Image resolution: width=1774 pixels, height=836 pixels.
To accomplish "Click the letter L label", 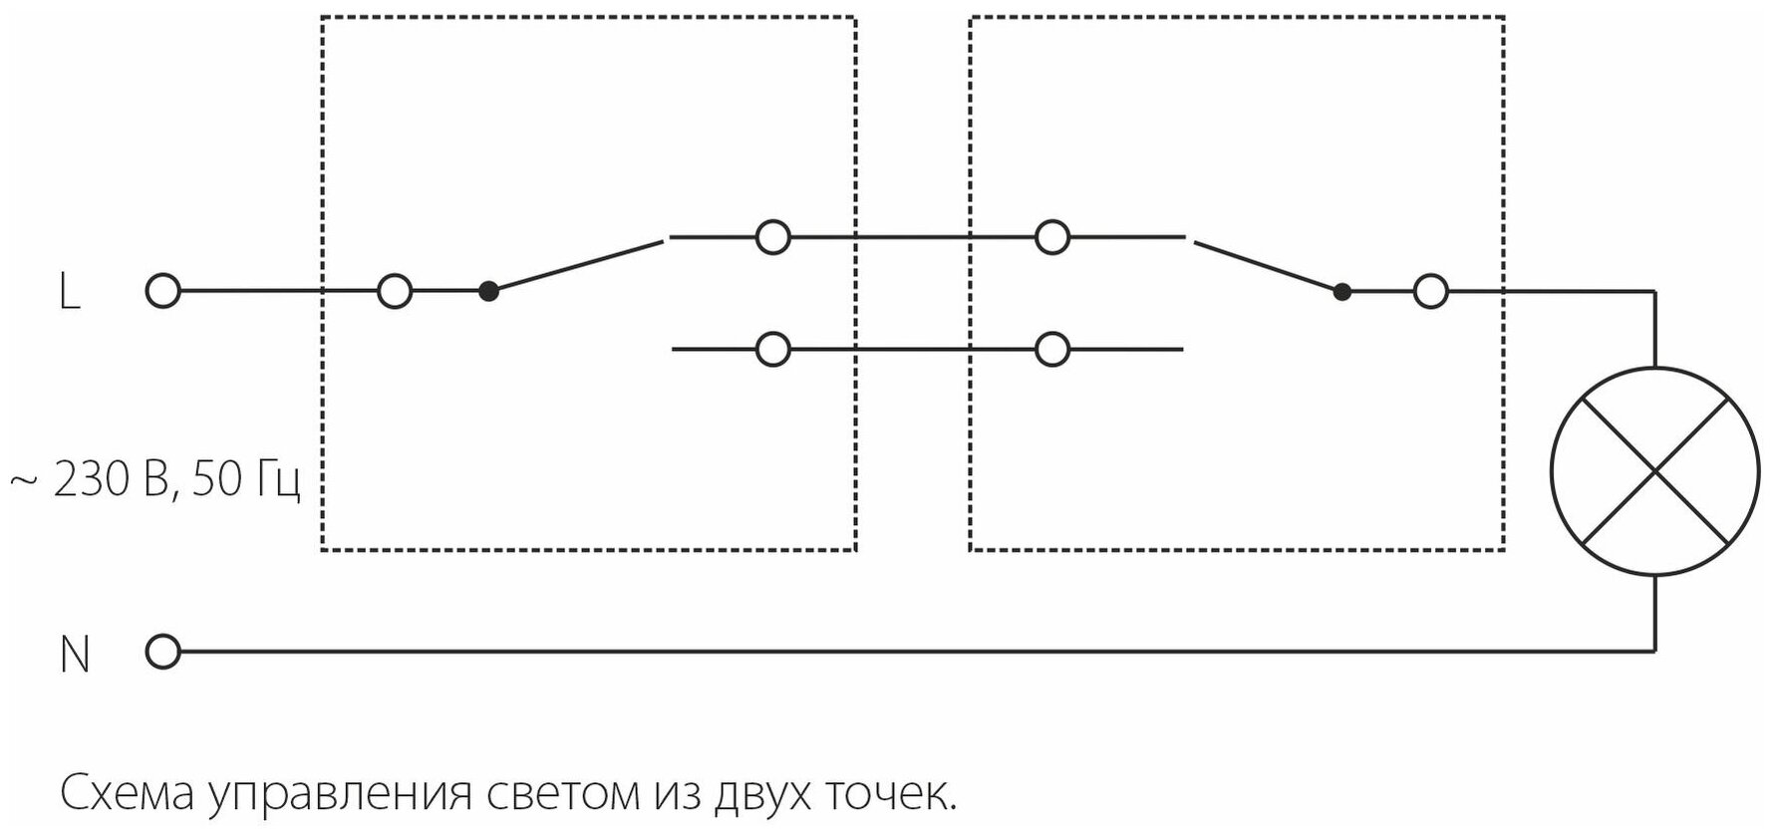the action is point(70,293).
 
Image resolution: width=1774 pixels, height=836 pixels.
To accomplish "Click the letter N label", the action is point(75,655).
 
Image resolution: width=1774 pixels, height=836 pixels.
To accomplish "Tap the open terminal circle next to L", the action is point(162,292).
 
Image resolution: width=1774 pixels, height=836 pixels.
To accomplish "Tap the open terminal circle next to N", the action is point(162,653).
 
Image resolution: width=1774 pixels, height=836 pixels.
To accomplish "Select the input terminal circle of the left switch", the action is point(395,292).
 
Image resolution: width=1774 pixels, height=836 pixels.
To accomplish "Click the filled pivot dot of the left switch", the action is point(488,292).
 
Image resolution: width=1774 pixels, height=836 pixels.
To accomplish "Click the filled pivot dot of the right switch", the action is point(1342,292).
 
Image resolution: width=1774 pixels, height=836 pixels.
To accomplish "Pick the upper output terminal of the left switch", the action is point(773,238).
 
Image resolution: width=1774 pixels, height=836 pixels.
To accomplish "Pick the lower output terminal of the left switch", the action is point(773,350).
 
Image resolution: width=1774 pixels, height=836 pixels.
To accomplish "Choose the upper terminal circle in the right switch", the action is point(1052,238).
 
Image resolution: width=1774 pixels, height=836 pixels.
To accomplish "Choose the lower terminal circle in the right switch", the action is point(1052,350).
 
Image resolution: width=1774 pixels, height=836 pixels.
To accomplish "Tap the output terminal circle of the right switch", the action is point(1431,292).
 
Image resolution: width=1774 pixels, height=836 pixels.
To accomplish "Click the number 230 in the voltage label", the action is point(93,480).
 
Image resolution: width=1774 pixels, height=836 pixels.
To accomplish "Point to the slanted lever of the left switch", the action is point(576,266).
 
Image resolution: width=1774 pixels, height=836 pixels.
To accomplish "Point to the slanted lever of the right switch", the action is point(1268,266).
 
